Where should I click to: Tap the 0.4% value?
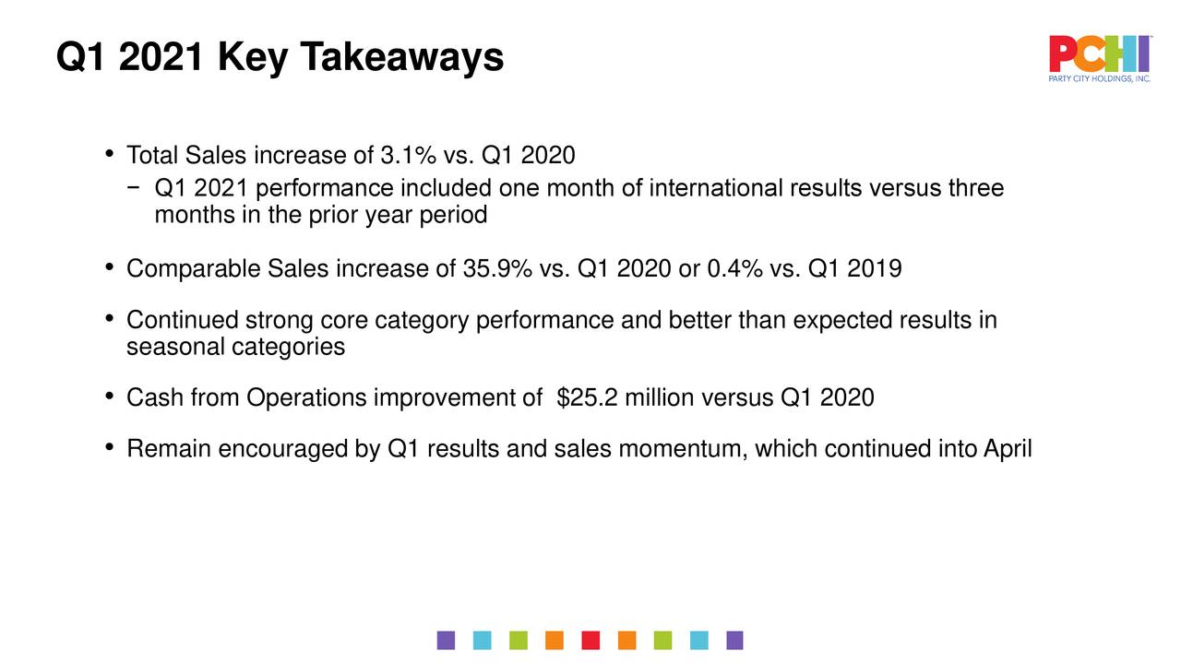click(734, 269)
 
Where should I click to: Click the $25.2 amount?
click(589, 398)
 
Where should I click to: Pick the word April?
click(1008, 449)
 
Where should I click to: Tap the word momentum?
click(683, 449)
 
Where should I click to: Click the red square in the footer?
click(591, 640)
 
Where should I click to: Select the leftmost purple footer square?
click(447, 640)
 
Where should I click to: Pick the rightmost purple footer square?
click(734, 640)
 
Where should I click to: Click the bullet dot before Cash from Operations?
click(110, 397)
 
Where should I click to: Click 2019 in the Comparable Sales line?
click(874, 269)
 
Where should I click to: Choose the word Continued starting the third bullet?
click(182, 321)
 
